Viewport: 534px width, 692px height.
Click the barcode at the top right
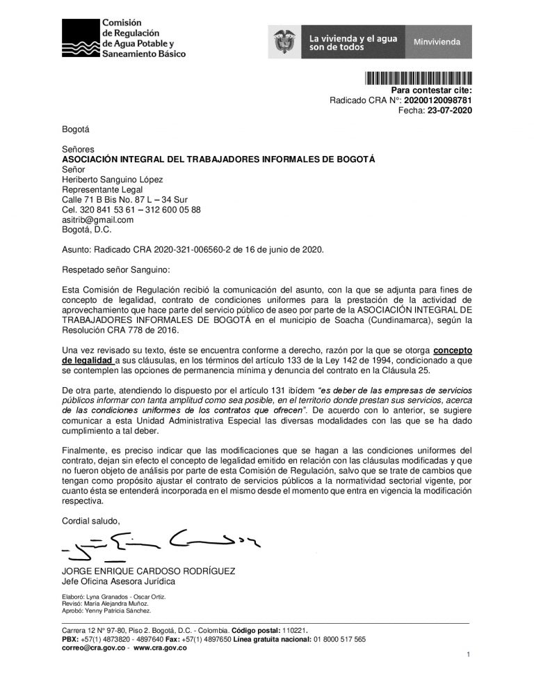418,79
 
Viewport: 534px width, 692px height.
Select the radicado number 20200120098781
438,100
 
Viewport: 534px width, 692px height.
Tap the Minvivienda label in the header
437,42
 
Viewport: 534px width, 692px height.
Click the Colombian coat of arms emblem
284,42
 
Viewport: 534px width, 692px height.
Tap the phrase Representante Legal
102,189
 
